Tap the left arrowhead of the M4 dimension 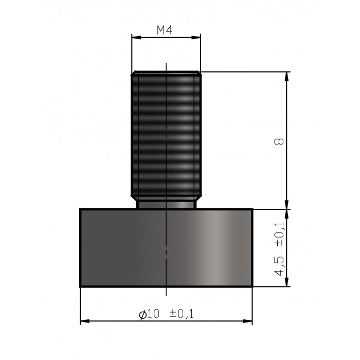135,37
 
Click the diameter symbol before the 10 143,314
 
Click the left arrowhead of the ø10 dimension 84,322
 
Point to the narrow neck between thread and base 166,204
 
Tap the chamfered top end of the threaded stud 166,73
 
